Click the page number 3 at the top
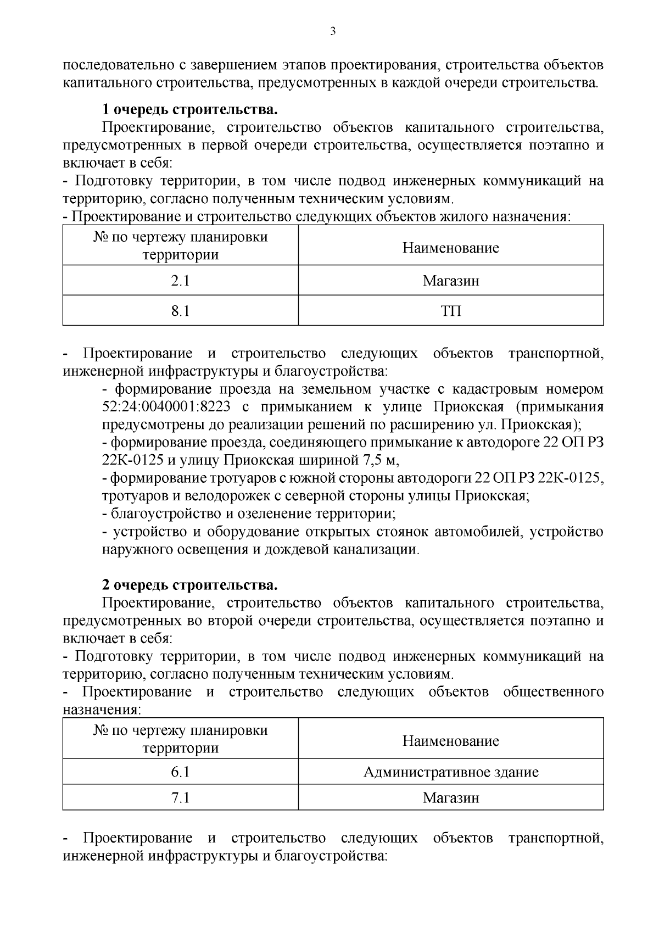click(332, 32)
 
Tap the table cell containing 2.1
click(180, 281)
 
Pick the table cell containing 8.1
click(180, 311)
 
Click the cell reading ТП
click(450, 311)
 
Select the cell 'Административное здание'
click(450, 772)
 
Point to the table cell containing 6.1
click(180, 772)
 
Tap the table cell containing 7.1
click(180, 797)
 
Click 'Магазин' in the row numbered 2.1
click(450, 281)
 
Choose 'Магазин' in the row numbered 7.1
click(450, 797)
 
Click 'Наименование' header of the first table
click(450, 248)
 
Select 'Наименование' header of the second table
click(450, 741)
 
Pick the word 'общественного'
click(553, 691)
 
